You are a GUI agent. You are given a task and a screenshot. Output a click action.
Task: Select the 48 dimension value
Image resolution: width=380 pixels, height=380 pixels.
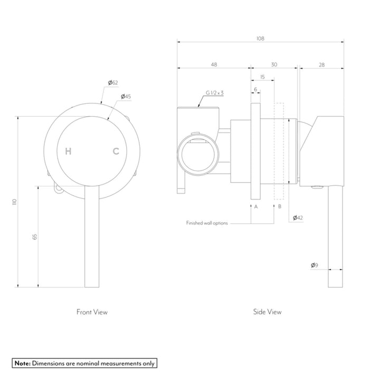[x=214, y=65]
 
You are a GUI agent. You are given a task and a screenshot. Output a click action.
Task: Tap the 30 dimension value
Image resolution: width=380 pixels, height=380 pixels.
[x=274, y=65]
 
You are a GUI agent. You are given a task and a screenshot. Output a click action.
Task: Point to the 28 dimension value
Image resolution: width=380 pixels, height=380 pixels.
[x=322, y=65]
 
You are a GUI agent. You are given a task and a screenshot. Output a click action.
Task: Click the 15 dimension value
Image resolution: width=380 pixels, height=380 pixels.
[x=262, y=77]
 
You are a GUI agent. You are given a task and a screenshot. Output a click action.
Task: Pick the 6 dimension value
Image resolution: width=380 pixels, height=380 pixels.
[x=255, y=90]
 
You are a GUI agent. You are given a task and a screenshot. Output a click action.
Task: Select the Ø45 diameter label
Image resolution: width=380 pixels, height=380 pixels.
[x=126, y=96]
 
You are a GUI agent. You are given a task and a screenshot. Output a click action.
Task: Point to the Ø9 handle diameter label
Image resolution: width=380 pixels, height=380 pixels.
[x=314, y=265]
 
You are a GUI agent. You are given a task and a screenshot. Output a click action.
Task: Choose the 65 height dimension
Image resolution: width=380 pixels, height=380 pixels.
[x=35, y=237]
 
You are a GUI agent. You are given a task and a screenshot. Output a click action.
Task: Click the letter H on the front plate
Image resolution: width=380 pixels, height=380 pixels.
[x=68, y=151]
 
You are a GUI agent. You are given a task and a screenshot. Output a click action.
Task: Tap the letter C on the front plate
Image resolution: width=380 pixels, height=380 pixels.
[x=116, y=151]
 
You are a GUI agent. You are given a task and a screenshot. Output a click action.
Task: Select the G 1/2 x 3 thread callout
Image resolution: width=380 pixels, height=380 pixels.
[x=215, y=93]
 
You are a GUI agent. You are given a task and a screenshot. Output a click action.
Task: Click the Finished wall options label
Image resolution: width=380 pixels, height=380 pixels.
[x=207, y=223]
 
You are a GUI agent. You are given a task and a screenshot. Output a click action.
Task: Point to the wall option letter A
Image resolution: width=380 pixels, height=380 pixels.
[x=255, y=206]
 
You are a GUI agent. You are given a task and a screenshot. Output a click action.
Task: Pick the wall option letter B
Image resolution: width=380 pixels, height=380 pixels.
[x=280, y=206]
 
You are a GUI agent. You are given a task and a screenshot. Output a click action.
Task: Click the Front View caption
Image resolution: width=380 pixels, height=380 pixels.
[x=92, y=312]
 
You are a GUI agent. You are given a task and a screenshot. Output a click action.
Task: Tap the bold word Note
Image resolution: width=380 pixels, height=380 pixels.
[x=22, y=363]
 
